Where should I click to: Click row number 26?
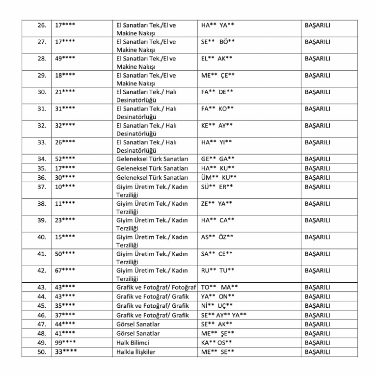tap(42, 25)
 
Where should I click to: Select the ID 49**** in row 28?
tap(65, 58)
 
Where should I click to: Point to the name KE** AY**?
tap(217, 125)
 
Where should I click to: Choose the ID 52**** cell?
tap(65, 159)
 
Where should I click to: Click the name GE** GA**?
tap(218, 159)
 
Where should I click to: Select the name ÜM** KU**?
tap(219, 178)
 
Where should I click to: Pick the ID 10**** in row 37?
tap(65, 187)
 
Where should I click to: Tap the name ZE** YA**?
tap(217, 204)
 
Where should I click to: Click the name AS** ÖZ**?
tap(217, 237)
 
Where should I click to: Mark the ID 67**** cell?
tap(65, 270)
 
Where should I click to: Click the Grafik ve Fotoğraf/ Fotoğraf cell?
tap(156, 287)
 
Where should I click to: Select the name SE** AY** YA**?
tap(224, 315)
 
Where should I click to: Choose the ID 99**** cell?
tap(65, 343)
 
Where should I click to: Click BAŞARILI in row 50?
tap(317, 352)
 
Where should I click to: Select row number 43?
tap(42, 287)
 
